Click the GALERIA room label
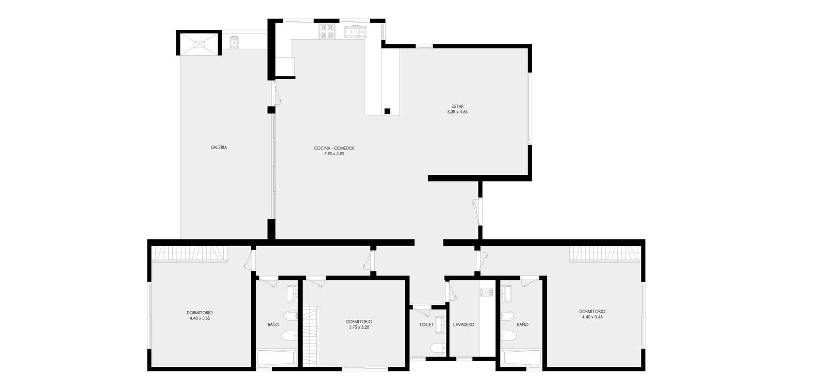click(x=219, y=148)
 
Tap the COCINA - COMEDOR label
click(x=334, y=148)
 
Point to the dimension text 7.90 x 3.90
click(x=334, y=154)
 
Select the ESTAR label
click(x=457, y=106)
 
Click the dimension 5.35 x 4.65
click(x=457, y=111)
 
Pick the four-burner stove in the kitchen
click(x=327, y=31)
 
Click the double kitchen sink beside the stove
click(x=356, y=32)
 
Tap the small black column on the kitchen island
click(x=387, y=111)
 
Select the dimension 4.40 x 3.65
click(x=200, y=318)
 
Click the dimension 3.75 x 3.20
click(x=359, y=327)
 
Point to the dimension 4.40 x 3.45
click(x=592, y=317)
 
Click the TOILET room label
click(x=426, y=324)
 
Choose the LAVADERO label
click(x=464, y=324)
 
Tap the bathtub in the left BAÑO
click(x=276, y=358)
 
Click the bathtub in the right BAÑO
click(x=521, y=358)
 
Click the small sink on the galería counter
click(x=234, y=42)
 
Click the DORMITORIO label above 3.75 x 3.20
click(x=359, y=321)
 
